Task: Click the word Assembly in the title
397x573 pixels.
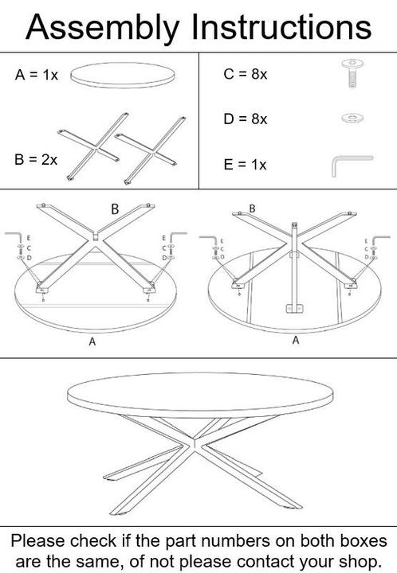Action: coord(103,28)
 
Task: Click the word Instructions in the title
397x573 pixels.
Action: coord(281,26)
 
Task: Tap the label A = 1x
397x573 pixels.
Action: coord(36,75)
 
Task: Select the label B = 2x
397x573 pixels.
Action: coord(36,160)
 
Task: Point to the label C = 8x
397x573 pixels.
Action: coord(246,74)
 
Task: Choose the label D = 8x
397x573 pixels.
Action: coord(246,119)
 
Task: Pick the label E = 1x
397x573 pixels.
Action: coord(245,165)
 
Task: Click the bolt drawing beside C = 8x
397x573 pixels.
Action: coord(352,73)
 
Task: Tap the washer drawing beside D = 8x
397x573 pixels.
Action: coord(352,118)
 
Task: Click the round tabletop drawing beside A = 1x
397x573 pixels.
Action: coord(122,76)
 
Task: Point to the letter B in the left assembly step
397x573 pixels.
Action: coord(115,209)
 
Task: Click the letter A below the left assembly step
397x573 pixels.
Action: coord(92,341)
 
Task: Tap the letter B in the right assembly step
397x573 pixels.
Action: coord(252,209)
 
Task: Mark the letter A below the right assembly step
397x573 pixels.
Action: coord(296,341)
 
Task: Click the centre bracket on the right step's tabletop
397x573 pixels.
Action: coord(294,309)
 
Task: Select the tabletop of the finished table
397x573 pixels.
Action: coord(201,395)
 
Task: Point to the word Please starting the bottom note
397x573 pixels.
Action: coord(38,541)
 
